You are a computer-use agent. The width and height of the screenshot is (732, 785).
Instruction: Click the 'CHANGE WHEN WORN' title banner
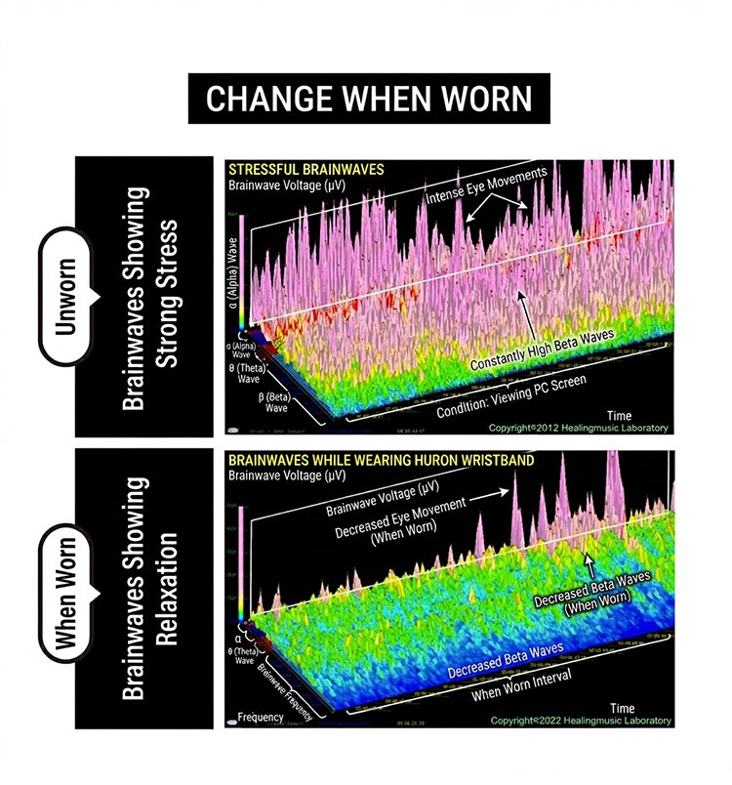coord(369,99)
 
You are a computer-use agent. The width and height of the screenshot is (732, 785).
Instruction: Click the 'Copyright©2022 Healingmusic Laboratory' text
coord(580,721)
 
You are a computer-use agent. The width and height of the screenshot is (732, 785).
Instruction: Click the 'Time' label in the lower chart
coord(622,707)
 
